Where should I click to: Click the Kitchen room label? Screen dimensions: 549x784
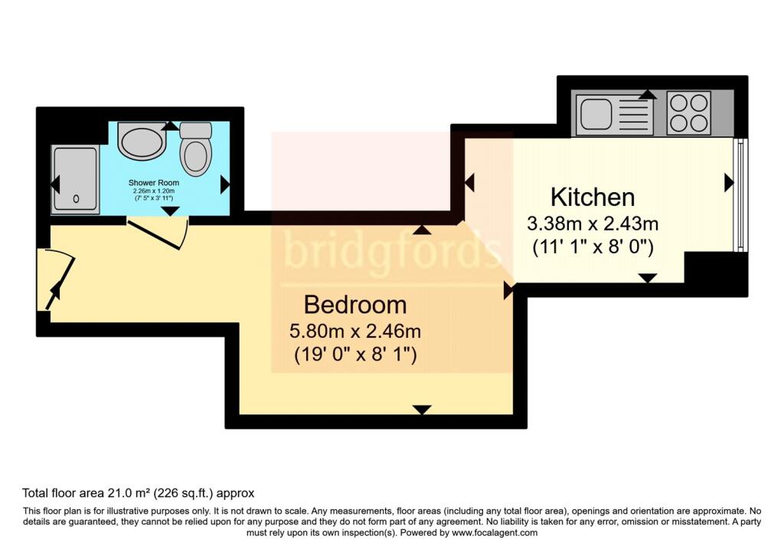click(x=593, y=198)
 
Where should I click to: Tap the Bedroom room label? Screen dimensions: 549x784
click(x=355, y=305)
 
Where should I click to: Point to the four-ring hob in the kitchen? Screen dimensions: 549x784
click(x=688, y=113)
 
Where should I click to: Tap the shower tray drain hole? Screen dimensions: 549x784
click(x=76, y=199)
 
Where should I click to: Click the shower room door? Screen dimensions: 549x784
click(x=157, y=233)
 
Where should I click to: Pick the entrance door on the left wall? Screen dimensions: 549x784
click(x=60, y=280)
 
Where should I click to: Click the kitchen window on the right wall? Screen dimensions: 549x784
click(x=739, y=195)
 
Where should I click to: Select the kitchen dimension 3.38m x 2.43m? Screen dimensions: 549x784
click(x=593, y=224)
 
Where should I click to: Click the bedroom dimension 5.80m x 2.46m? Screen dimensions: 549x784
click(x=355, y=332)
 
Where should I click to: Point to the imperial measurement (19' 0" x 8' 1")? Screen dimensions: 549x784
click(x=355, y=356)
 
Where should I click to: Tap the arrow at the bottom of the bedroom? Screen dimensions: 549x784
click(x=420, y=410)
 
